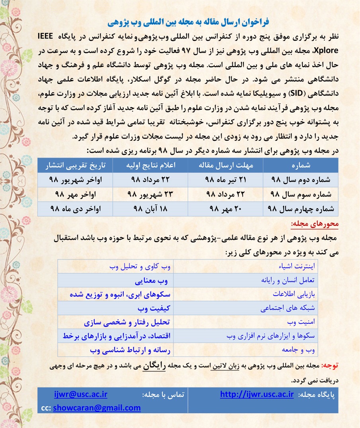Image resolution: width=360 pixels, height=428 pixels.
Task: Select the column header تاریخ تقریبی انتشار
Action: point(75,165)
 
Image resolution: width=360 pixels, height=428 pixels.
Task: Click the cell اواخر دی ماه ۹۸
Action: point(75,209)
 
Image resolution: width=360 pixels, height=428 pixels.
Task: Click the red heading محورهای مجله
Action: point(320,224)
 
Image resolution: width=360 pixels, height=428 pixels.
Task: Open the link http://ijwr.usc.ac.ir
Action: point(257,395)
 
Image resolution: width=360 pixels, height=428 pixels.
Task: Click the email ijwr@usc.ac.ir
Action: point(80,395)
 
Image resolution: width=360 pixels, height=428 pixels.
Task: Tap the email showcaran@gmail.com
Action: point(97,407)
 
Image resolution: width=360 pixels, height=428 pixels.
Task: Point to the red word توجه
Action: point(330,365)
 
